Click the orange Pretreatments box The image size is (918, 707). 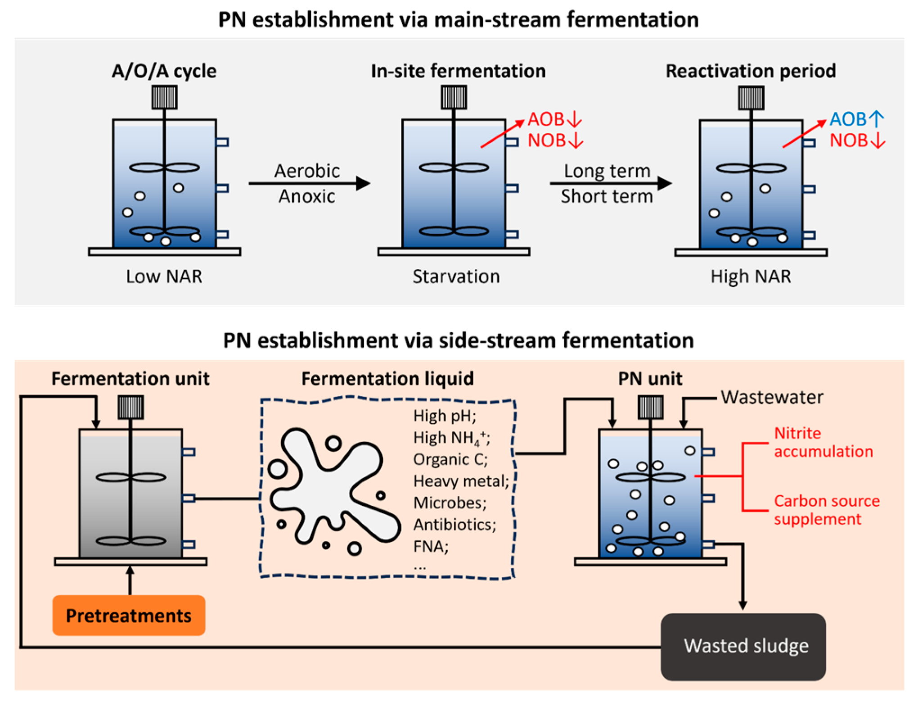129,615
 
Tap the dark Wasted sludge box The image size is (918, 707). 743,646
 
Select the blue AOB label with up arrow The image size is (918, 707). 856,119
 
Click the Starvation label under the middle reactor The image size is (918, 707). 456,276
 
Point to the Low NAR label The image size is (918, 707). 164,276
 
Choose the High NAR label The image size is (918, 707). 751,276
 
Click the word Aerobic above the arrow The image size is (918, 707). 307,171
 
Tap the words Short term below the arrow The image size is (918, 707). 606,197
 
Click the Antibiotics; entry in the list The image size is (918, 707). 454,525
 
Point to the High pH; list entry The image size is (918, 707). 445,416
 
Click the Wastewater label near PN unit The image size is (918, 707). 772,398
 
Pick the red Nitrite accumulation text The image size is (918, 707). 823,442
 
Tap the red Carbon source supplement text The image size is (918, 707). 826,510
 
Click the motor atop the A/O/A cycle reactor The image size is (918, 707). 164,98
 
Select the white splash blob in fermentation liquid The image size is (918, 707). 333,486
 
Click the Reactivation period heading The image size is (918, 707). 751,71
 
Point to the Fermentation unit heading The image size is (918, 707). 130,379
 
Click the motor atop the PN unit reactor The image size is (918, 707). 650,407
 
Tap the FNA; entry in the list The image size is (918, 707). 431,546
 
